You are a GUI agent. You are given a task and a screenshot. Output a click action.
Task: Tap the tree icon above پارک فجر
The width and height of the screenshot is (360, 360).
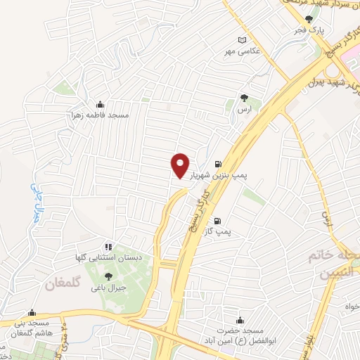coord(308,19)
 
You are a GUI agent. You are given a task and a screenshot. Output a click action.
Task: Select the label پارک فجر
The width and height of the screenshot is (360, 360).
coord(308,31)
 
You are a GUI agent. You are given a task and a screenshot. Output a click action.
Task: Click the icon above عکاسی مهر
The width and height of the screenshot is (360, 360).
coord(243,40)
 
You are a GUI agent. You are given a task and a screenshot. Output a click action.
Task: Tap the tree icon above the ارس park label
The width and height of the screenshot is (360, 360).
coord(244,98)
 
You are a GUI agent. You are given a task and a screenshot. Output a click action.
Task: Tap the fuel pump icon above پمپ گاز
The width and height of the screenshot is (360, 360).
coord(226,218)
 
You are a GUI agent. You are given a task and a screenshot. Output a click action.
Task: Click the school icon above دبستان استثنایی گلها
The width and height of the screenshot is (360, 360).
coord(108,246)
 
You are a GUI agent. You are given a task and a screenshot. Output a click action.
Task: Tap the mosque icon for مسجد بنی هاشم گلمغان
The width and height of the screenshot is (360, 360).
coord(31,313)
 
